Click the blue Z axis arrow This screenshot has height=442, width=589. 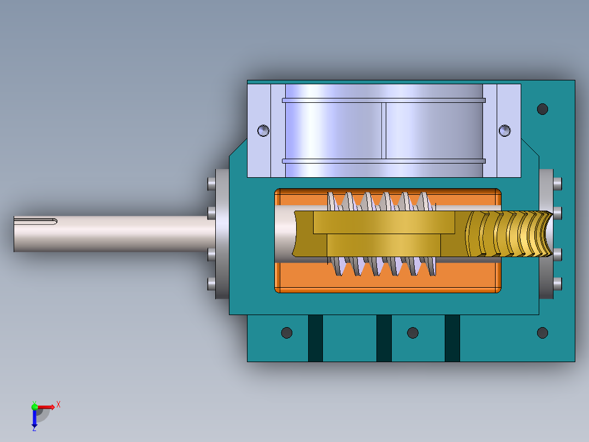[x=34, y=418]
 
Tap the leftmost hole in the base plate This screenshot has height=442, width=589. [x=286, y=333]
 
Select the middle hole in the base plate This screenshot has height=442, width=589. [x=413, y=333]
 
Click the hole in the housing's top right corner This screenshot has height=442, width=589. [x=542, y=109]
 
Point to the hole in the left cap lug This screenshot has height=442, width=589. [x=263, y=130]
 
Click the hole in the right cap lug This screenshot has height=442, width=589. [x=504, y=130]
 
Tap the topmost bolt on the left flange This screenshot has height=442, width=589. [x=211, y=183]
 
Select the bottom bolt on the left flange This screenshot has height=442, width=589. [x=211, y=283]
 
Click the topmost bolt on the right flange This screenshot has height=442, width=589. [x=557, y=183]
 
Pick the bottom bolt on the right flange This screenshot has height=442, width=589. [x=557, y=283]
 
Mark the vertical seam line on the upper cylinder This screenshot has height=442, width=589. [x=384, y=131]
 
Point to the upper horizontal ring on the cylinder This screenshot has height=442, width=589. [x=384, y=101]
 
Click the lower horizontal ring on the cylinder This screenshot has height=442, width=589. [x=384, y=161]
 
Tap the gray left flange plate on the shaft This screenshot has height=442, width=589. [x=222, y=234]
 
